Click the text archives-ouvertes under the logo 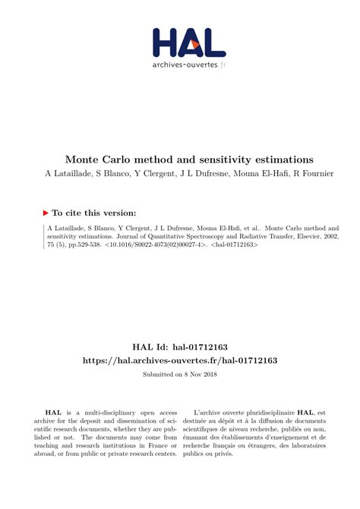pos(185,65)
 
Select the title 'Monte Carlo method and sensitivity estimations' pos(189,160)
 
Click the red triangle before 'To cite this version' pos(46,213)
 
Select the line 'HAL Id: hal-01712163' pos(179,346)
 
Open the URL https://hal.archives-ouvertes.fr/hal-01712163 pos(179,360)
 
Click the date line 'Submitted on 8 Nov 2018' pos(179,375)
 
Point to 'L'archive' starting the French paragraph pos(210,411)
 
